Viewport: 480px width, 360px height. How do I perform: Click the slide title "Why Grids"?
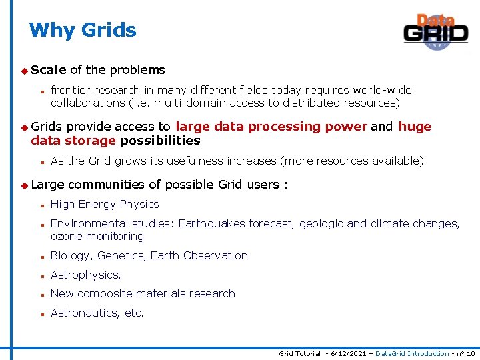pos(83,30)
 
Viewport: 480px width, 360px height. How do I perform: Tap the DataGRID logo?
pos(435,31)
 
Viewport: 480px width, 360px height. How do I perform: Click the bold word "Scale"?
pos(48,70)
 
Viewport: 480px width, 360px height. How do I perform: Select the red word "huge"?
pos(415,127)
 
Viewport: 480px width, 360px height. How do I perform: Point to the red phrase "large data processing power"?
pos(271,127)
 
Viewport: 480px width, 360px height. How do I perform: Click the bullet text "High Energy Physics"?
pos(105,205)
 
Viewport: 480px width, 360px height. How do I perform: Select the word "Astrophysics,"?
pos(86,275)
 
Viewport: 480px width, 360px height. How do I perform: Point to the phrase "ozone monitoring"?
pos(97,237)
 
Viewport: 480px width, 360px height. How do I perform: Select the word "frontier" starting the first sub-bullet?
pos(71,90)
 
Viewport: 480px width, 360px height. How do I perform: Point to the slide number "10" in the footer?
pos(471,354)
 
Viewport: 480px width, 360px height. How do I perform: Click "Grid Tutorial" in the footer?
pos(299,354)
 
